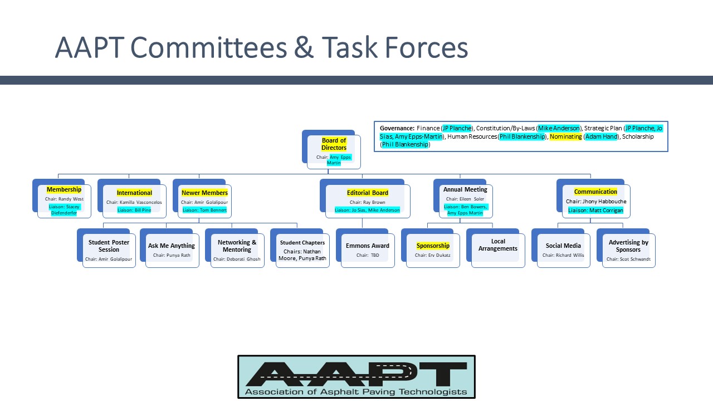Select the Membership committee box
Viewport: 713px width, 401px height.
[x=64, y=200]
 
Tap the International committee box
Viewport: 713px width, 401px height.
[x=134, y=200]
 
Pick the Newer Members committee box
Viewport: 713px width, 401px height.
[x=204, y=200]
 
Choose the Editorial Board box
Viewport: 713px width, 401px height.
[x=367, y=200]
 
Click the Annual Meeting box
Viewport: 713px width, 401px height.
[x=465, y=200]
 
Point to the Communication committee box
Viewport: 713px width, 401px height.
[x=595, y=200]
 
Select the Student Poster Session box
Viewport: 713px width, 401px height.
[x=109, y=250]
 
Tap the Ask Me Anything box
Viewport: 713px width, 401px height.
[x=172, y=250]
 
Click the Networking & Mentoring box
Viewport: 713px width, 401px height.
[x=237, y=250]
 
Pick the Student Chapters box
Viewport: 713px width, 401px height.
[x=302, y=250]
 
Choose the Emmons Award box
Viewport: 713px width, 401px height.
[x=368, y=250]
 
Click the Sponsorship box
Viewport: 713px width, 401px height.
[x=433, y=250]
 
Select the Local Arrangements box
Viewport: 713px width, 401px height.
[x=498, y=250]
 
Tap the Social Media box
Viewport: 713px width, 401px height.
[x=563, y=250]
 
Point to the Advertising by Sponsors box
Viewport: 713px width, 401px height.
[x=628, y=250]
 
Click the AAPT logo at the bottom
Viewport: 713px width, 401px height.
[x=356, y=377]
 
